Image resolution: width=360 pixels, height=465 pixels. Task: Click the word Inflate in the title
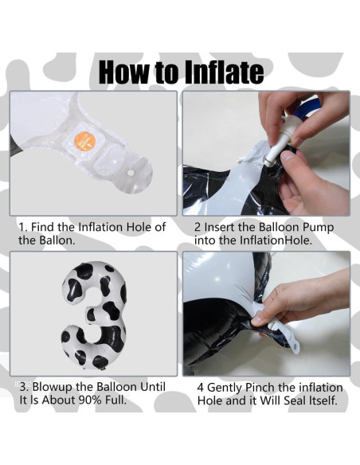point(224,72)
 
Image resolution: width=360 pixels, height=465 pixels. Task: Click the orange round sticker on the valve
point(84,142)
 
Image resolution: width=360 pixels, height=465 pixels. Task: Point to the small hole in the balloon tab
point(131,172)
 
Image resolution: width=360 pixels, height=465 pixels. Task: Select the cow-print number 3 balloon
point(94,315)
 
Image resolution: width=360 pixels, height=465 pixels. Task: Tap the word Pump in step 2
point(318,228)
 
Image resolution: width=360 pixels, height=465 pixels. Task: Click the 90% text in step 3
point(91,400)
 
